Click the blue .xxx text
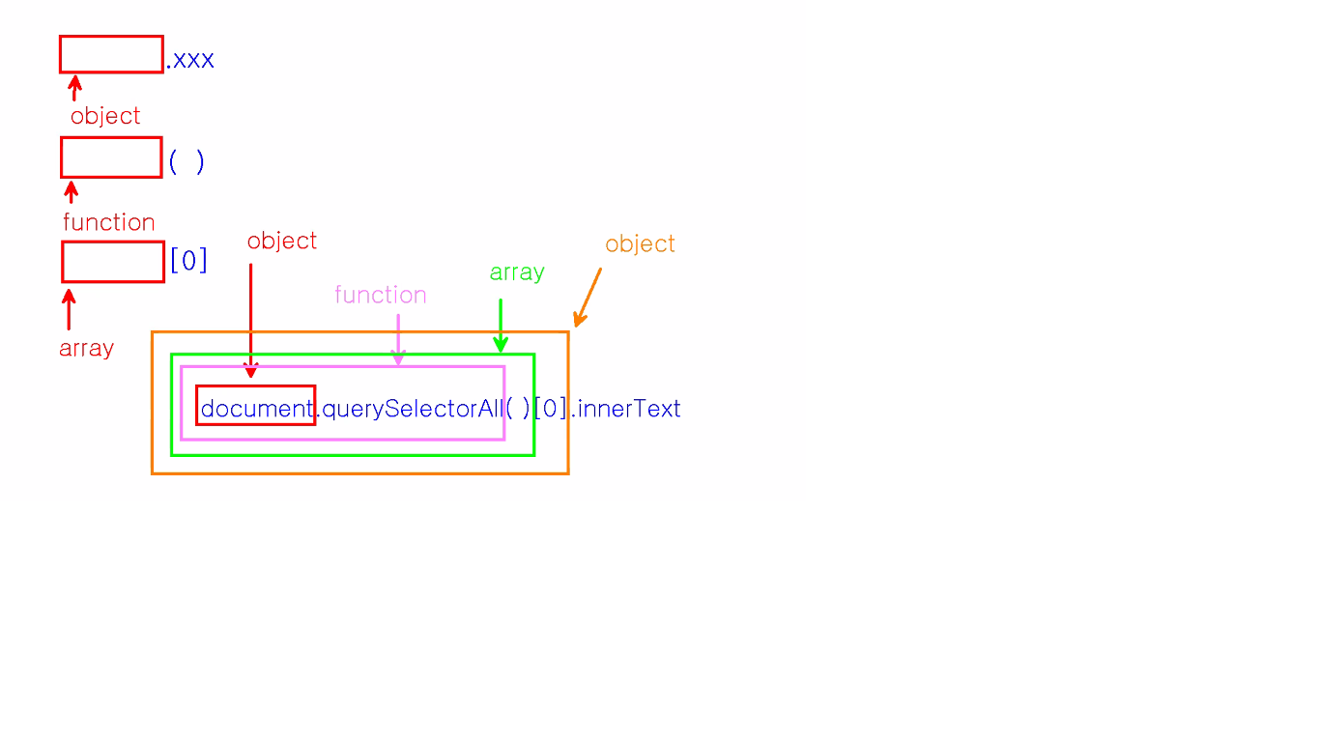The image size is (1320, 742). [x=190, y=60]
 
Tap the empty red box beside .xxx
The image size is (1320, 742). [x=111, y=54]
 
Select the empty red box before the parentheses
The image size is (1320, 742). [x=111, y=157]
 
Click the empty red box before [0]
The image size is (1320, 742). [x=113, y=262]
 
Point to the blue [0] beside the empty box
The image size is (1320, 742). [x=188, y=261]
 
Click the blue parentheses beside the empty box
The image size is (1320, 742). [x=187, y=161]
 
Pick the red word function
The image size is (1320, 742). [x=109, y=222]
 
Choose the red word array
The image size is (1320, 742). [x=86, y=348]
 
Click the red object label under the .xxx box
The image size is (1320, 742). [x=105, y=116]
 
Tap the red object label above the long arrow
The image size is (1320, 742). [x=282, y=241]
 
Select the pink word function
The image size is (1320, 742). [x=381, y=295]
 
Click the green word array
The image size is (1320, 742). [x=517, y=272]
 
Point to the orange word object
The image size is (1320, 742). [x=640, y=243]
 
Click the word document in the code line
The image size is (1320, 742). [x=256, y=409]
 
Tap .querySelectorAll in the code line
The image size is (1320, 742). [x=410, y=409]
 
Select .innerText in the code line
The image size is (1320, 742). [x=626, y=409]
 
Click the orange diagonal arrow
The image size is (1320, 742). [x=588, y=298]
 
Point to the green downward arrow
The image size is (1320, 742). [x=501, y=326]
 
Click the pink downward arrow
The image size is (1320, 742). [x=397, y=339]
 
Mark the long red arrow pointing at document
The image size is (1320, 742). [x=250, y=319]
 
